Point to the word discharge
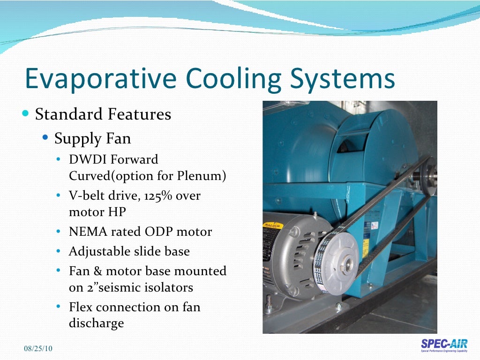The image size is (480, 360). (96, 323)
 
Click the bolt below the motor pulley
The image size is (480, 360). (339, 307)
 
